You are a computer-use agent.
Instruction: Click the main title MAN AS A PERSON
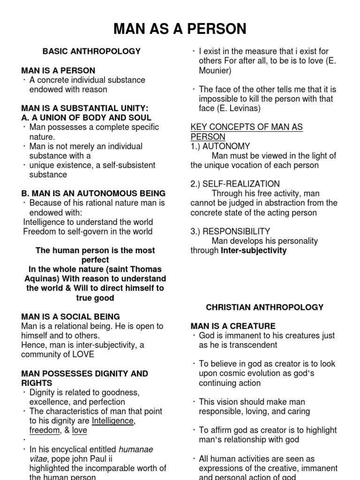click(x=180, y=29)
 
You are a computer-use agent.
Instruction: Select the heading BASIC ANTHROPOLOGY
click(x=91, y=51)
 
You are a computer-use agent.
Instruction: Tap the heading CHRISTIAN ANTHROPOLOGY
click(x=265, y=307)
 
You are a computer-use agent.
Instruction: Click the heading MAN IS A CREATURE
click(x=232, y=326)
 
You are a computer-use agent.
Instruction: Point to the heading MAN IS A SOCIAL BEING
click(x=70, y=316)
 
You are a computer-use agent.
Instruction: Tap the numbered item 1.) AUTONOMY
click(x=220, y=146)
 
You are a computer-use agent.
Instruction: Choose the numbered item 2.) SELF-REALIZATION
click(x=235, y=184)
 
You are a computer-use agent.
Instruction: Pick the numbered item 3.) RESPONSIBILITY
click(x=230, y=231)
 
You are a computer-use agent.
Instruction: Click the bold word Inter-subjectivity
click(x=254, y=250)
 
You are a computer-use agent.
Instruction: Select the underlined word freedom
click(x=45, y=430)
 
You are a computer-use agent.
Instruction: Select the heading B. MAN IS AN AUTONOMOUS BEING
click(x=93, y=193)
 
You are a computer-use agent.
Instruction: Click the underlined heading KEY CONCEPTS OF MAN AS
click(x=247, y=127)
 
